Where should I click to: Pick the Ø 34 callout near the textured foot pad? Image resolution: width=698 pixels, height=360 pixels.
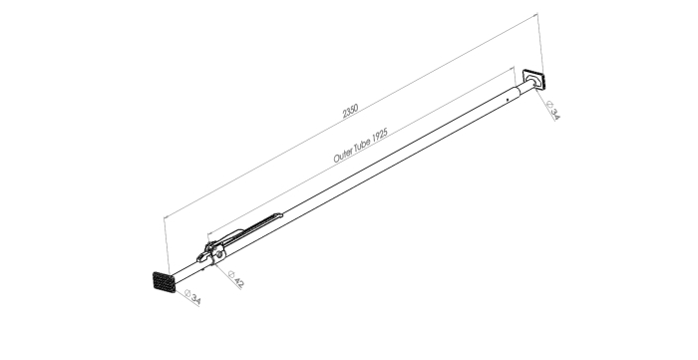point(192,296)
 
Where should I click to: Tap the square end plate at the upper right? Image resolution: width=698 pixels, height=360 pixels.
point(534,79)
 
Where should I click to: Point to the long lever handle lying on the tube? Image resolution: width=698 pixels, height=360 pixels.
point(249,229)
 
